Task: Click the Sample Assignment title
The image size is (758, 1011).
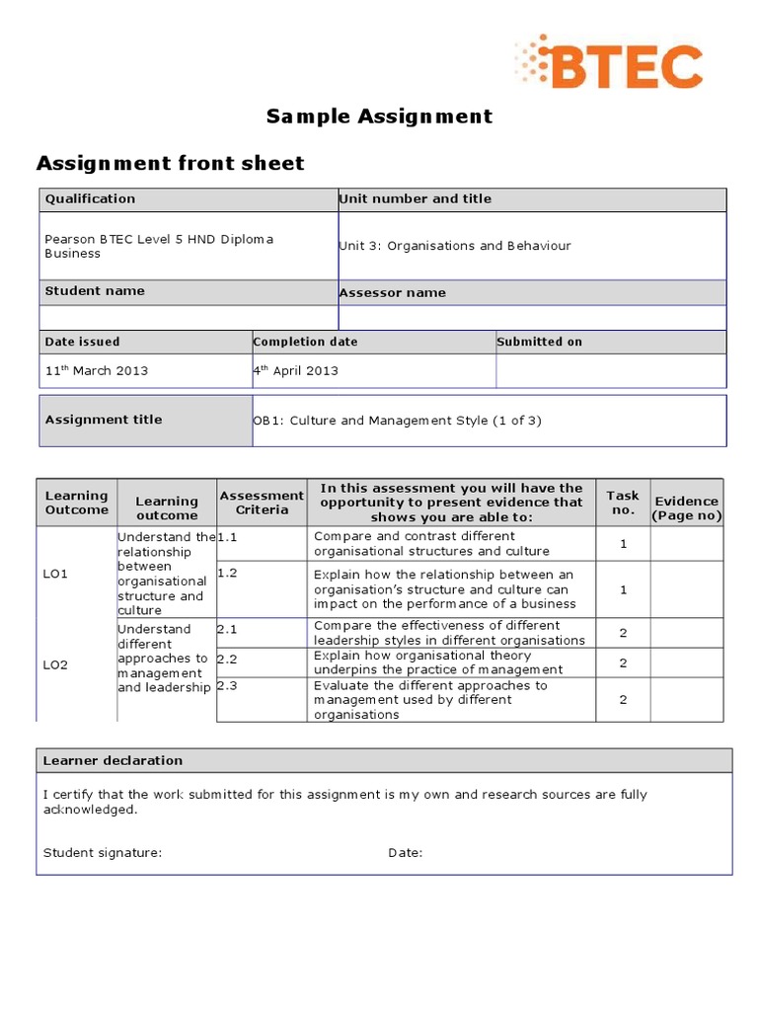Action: (x=379, y=117)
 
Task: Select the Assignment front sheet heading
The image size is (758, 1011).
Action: (x=170, y=163)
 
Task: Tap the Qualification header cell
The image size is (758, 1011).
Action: (x=90, y=198)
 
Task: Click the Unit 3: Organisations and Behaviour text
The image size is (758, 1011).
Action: (x=455, y=246)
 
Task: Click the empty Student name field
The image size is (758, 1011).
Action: (x=188, y=317)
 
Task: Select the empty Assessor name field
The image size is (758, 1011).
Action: (x=532, y=317)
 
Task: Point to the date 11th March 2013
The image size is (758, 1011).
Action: (x=96, y=370)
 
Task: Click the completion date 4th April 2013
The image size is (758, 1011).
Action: (x=296, y=370)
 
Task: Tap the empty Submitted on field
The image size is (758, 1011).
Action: (x=610, y=371)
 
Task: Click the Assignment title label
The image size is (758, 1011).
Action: (x=104, y=420)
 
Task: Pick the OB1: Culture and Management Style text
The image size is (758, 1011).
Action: (x=398, y=421)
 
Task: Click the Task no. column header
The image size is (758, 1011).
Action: (x=623, y=503)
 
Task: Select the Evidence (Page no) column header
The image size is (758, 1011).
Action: (x=687, y=508)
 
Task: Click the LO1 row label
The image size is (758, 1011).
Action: (x=56, y=574)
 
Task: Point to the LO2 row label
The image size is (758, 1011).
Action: (x=56, y=664)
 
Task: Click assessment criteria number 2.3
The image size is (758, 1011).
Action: (x=227, y=685)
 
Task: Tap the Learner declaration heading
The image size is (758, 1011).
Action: (x=114, y=760)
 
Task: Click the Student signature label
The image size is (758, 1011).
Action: (x=103, y=853)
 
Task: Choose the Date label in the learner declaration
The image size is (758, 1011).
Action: (x=405, y=853)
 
